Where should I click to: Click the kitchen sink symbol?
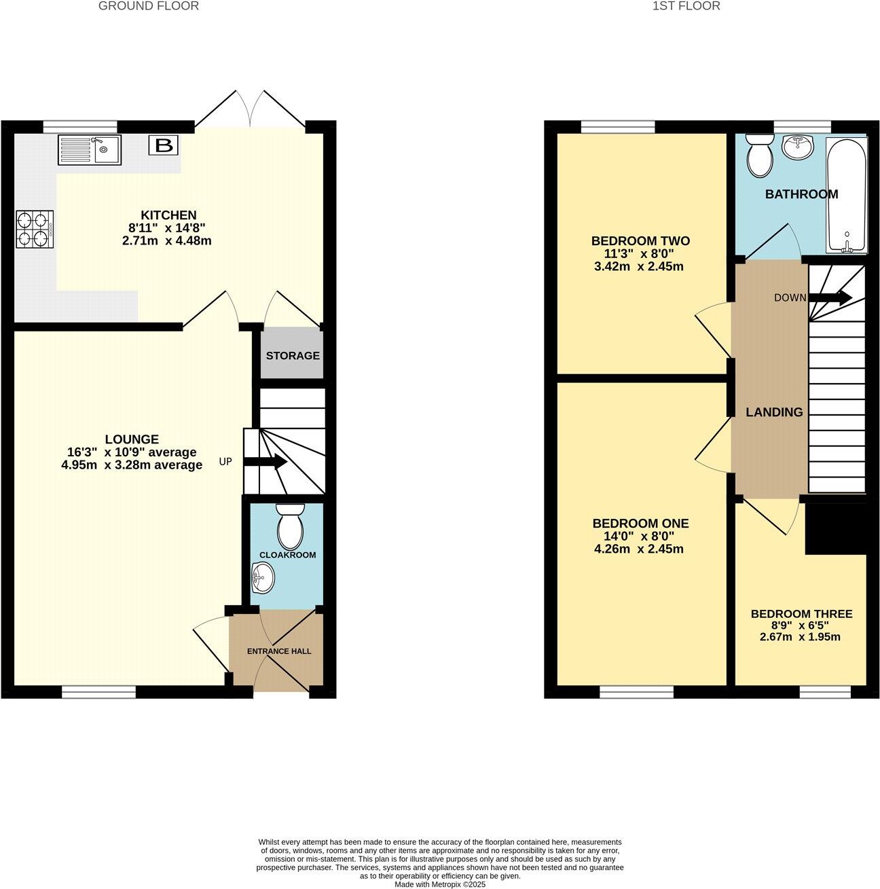pyautogui.click(x=90, y=150)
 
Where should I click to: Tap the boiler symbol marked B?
pyautogui.click(x=163, y=145)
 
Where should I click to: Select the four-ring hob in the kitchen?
pyautogui.click(x=35, y=229)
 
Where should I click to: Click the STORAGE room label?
pyautogui.click(x=293, y=356)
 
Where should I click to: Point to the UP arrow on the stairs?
pyautogui.click(x=265, y=462)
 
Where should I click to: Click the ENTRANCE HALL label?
pyautogui.click(x=278, y=651)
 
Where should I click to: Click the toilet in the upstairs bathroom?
pyautogui.click(x=758, y=155)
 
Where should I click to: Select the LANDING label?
pyautogui.click(x=774, y=412)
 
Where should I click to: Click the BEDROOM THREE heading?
pyautogui.click(x=801, y=614)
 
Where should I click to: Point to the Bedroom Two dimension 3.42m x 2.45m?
pyautogui.click(x=638, y=266)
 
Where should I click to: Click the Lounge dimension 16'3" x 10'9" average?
pyautogui.click(x=132, y=452)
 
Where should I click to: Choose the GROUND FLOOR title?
pyautogui.click(x=149, y=6)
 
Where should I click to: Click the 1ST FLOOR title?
pyautogui.click(x=686, y=6)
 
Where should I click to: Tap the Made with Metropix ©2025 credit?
pyautogui.click(x=440, y=884)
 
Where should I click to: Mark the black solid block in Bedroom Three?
pyautogui.click(x=835, y=528)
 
